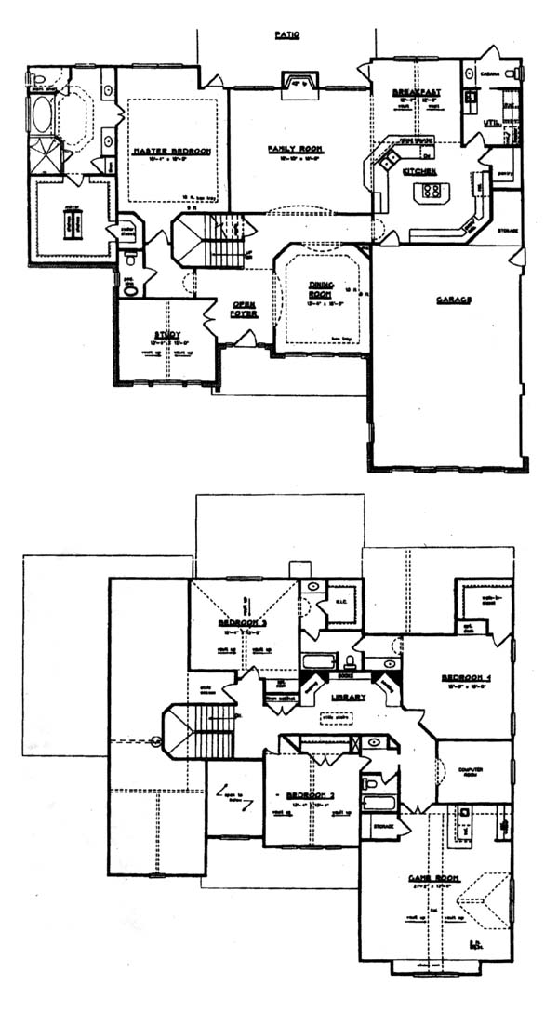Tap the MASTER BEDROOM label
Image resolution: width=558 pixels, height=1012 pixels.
(x=172, y=151)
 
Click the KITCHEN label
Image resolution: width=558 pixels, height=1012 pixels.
(x=415, y=172)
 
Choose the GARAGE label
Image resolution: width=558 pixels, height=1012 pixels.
(x=454, y=300)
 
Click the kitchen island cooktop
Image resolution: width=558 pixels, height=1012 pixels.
(x=432, y=192)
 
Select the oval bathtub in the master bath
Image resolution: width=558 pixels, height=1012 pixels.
(x=44, y=115)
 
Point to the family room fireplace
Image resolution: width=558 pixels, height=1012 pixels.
(x=299, y=83)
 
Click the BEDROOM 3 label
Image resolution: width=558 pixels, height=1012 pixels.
(x=244, y=622)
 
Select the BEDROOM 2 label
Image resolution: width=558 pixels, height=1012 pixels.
(x=311, y=795)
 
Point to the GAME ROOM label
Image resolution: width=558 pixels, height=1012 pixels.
(x=431, y=877)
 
